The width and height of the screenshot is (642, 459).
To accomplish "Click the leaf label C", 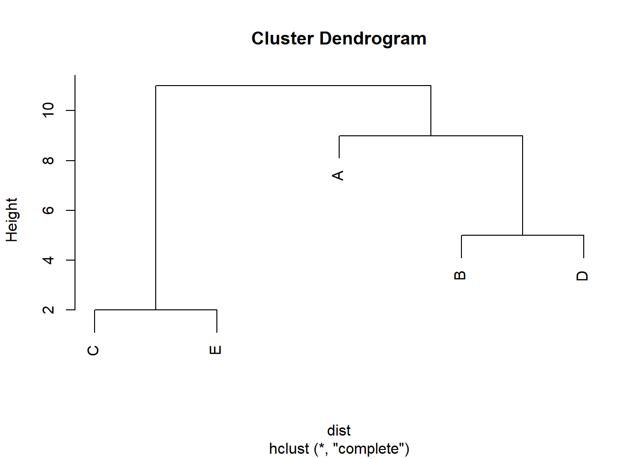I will click(94, 350).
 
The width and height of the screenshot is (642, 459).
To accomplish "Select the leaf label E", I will click(215, 350).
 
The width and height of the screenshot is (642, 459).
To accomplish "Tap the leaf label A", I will click(338, 175).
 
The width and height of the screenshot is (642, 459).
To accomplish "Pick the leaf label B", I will click(460, 275).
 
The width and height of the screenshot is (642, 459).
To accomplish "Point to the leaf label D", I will click(582, 276).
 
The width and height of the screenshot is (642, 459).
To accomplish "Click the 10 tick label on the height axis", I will click(48, 110).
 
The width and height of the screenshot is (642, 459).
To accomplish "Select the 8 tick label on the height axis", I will click(48, 161).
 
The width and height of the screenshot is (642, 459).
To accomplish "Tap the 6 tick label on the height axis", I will click(48, 210).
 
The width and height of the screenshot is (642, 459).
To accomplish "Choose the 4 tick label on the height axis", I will click(48, 260).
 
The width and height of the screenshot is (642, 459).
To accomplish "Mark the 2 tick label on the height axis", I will click(48, 310).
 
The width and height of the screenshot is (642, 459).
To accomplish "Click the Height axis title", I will click(11, 220).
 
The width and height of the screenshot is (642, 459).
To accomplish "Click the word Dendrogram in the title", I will click(373, 39).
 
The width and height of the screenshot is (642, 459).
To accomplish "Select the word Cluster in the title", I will click(282, 39).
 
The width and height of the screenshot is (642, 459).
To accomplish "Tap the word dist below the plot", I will click(339, 430).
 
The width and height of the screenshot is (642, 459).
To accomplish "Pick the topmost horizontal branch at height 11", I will click(293, 86).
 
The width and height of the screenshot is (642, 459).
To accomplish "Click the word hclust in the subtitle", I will click(289, 449).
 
